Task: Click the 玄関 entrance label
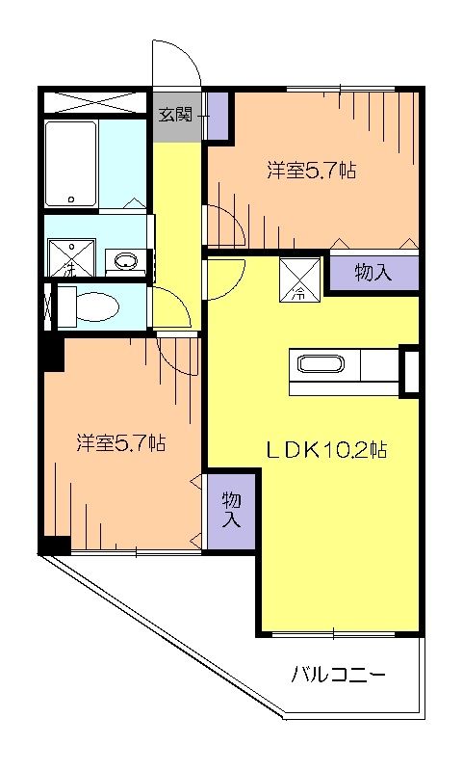[x=176, y=116]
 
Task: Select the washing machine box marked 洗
[x=68, y=258]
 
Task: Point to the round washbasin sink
[x=123, y=260]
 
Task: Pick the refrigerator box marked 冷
[x=297, y=279]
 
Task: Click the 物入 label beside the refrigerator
[x=373, y=273]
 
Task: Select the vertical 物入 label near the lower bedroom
[x=231, y=510]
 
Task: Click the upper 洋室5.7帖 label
[x=312, y=171]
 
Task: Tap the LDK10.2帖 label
[x=327, y=450]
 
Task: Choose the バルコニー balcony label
[x=339, y=675]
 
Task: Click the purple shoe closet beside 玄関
[x=216, y=117]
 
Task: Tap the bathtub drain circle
[x=70, y=199]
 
